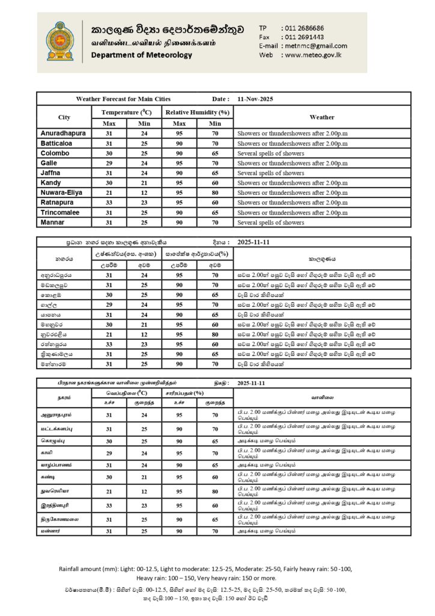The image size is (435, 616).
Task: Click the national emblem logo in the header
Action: [x=58, y=41]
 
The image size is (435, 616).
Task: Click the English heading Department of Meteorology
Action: [x=142, y=55]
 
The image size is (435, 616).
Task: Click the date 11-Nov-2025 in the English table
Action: [x=255, y=98]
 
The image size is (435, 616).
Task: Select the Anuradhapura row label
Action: [x=63, y=132]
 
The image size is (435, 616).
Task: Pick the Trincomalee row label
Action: [x=61, y=212]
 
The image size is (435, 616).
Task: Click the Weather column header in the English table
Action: [x=321, y=117]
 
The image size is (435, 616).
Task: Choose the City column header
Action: [x=64, y=117]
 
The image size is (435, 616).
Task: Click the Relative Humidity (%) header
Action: [x=198, y=112]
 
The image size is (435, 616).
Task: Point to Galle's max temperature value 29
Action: [x=109, y=162]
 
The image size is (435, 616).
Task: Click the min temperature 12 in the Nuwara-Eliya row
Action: [x=144, y=192]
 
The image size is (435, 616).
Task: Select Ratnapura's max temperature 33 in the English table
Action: [x=109, y=203]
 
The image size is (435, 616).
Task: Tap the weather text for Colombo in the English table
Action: [x=270, y=153]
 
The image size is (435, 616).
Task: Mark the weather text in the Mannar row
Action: [x=270, y=223]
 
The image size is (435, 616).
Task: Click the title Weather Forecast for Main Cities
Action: [x=123, y=98]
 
